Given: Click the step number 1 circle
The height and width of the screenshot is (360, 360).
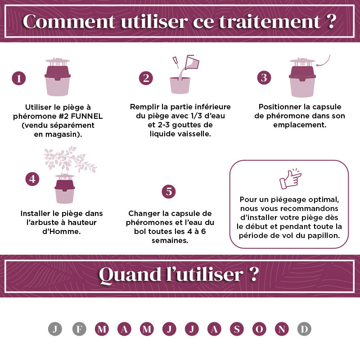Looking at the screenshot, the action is pyautogui.click(x=18, y=78).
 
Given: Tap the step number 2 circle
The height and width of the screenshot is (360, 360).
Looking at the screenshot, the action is pyautogui.click(x=146, y=78).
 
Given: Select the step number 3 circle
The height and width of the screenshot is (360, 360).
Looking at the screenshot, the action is pyautogui.click(x=264, y=77).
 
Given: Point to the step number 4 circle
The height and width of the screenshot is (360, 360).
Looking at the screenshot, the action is pyautogui.click(x=32, y=179).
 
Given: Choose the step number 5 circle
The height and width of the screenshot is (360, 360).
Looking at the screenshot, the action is pyautogui.click(x=169, y=192).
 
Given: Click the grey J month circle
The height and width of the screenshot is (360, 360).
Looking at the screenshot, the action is pyautogui.click(x=55, y=329).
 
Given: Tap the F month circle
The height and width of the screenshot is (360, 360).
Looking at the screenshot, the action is pyautogui.click(x=79, y=329).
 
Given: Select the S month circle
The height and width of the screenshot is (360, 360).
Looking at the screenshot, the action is pyautogui.click(x=237, y=329).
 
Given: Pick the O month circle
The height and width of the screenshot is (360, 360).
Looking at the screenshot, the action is pyautogui.click(x=259, y=329).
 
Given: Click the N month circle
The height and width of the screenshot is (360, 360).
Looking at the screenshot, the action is pyautogui.click(x=282, y=329).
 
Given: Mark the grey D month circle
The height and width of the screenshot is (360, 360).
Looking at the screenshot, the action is pyautogui.click(x=304, y=329).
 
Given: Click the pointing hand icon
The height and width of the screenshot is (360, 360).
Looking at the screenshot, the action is pyautogui.click(x=290, y=180).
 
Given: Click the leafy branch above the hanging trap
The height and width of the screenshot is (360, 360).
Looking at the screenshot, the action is pyautogui.click(x=70, y=159).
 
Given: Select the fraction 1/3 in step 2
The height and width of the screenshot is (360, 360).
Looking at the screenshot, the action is pyautogui.click(x=197, y=116).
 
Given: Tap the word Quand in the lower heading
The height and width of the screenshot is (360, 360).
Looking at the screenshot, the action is pyautogui.click(x=130, y=275).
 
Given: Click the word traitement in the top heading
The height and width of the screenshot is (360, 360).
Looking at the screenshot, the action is pyautogui.click(x=270, y=22).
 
